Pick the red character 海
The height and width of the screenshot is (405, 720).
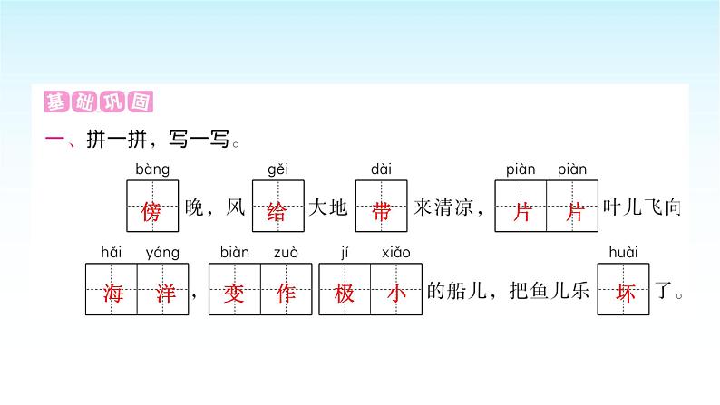click(112, 292)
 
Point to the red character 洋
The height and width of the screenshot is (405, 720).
click(162, 292)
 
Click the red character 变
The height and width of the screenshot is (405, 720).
click(234, 292)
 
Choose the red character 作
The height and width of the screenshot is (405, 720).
click(286, 292)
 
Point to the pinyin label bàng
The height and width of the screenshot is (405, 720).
click(151, 169)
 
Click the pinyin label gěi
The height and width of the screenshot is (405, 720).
click(277, 169)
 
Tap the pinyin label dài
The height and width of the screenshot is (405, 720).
click(381, 169)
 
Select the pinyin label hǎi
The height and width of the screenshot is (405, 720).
click(111, 252)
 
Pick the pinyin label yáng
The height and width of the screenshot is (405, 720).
click(162, 253)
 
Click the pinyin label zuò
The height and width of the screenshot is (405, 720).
click(286, 252)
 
